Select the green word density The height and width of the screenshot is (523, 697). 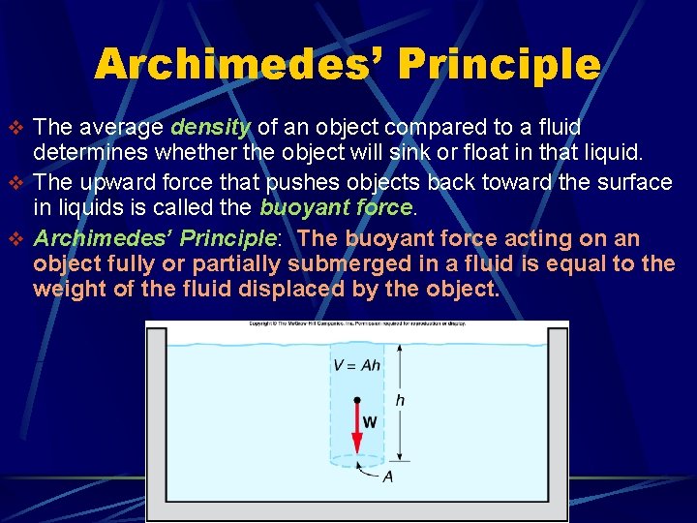point(211,128)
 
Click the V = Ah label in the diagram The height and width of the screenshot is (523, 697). point(356,366)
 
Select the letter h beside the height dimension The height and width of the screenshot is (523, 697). point(401,400)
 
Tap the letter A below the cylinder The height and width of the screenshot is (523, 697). point(387,477)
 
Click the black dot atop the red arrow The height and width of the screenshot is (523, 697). point(357,399)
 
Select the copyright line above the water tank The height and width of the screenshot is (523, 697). point(357,323)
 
